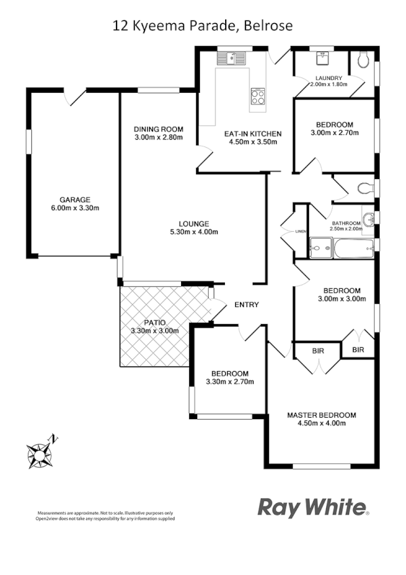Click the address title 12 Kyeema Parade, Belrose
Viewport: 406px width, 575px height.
pyautogui.click(x=202, y=26)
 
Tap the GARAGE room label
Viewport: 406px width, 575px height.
pyautogui.click(x=75, y=199)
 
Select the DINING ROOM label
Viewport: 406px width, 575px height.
pyautogui.click(x=159, y=129)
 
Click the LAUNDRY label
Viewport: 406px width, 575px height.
pyautogui.click(x=328, y=78)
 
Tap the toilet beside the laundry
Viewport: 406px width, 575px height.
pyautogui.click(x=365, y=62)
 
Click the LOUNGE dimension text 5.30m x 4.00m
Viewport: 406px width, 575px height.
pyautogui.click(x=194, y=232)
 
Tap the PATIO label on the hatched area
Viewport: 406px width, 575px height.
pyautogui.click(x=154, y=323)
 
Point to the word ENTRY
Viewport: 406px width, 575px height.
pyautogui.click(x=246, y=305)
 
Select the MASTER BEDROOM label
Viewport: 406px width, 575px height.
pyautogui.click(x=321, y=415)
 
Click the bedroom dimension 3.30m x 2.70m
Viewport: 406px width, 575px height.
pyautogui.click(x=229, y=382)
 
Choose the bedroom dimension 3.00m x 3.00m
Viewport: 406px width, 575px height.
pyautogui.click(x=340, y=298)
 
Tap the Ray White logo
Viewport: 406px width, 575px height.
pyautogui.click(x=313, y=507)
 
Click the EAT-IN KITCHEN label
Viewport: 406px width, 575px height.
pyautogui.click(x=253, y=134)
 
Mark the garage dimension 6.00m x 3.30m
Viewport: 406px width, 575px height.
pyautogui.click(x=75, y=208)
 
